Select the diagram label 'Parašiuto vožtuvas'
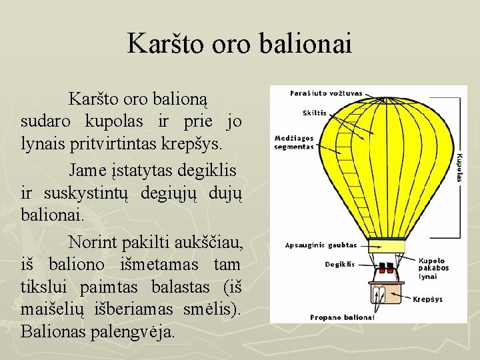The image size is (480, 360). (x=326, y=93)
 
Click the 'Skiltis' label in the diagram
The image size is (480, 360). (x=315, y=113)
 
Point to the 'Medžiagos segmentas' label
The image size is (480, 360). (x=293, y=142)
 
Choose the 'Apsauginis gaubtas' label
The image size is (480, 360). (x=321, y=245)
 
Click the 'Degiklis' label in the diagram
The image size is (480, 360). (x=339, y=265)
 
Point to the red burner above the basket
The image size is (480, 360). (x=385, y=269)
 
